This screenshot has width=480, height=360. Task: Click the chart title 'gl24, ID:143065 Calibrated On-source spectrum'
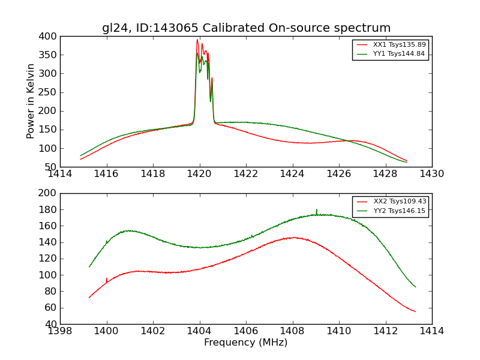tap(246, 28)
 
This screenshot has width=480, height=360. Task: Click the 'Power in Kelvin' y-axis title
tap(31, 101)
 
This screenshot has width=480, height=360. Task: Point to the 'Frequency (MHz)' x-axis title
tap(246, 343)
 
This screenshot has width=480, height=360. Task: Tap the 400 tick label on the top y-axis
tap(50, 37)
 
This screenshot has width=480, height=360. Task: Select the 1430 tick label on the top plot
tap(431, 174)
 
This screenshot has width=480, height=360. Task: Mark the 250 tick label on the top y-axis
tap(50, 92)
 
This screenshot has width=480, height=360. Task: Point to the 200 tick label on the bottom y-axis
tap(50, 194)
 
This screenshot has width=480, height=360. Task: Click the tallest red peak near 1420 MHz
tap(197, 40)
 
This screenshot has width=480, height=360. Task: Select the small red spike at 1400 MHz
tap(106, 278)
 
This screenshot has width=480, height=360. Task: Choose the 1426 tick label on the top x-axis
tap(338, 174)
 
